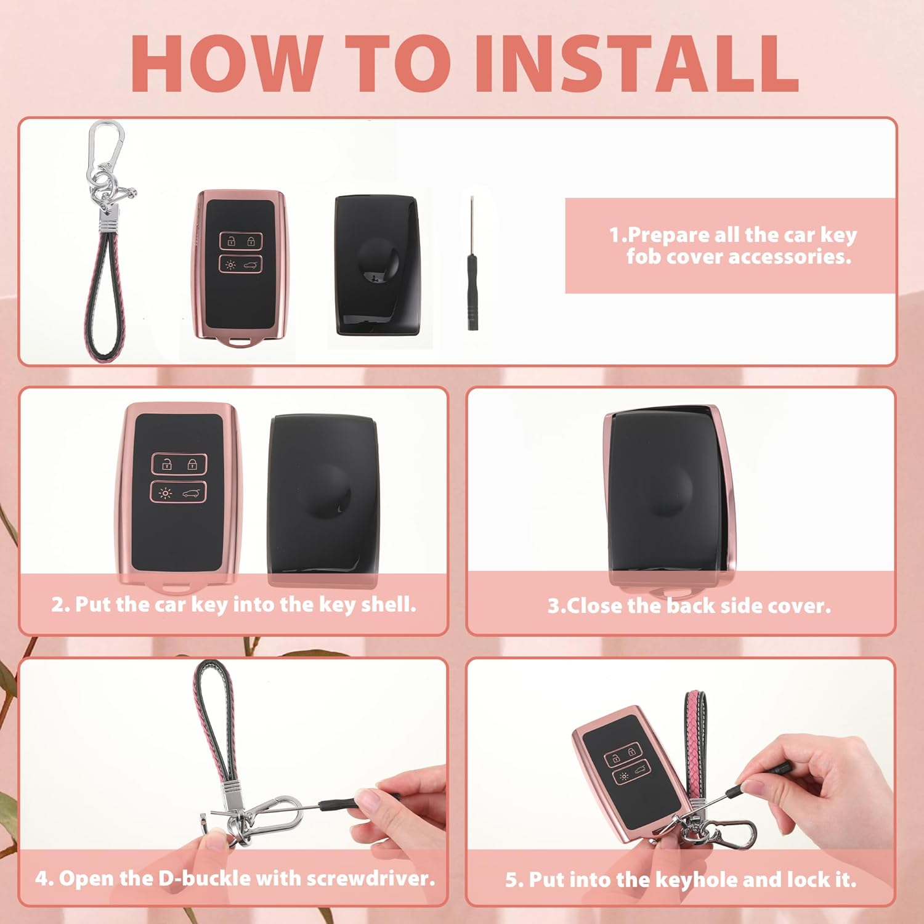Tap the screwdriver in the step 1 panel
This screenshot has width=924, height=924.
click(x=472, y=264)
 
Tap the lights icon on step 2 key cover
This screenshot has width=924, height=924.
click(x=165, y=493)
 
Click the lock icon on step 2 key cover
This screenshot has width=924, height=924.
click(x=193, y=464)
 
